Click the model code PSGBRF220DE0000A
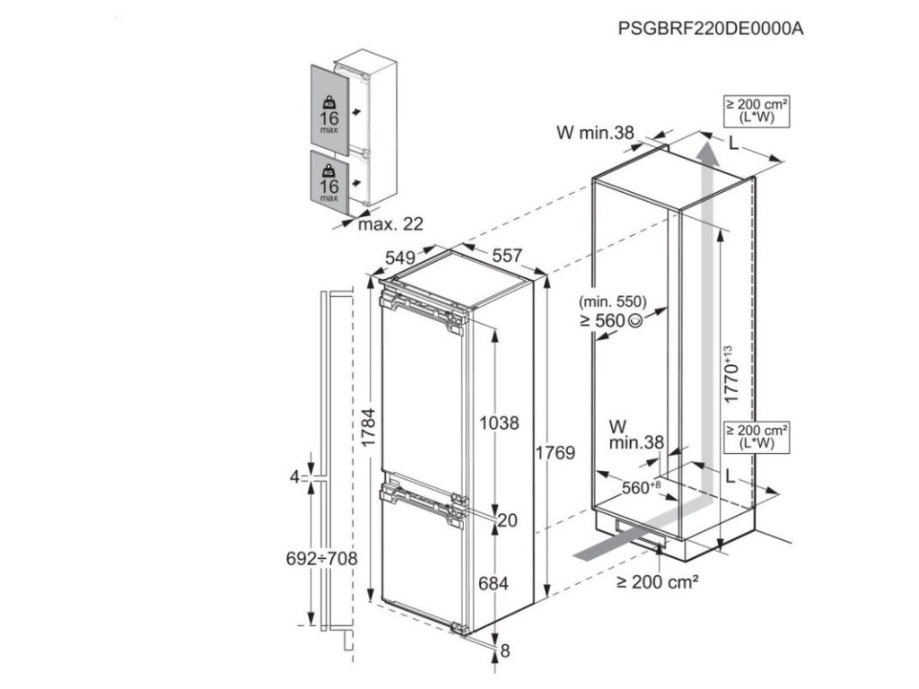(x=710, y=28)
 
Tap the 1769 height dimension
(x=556, y=453)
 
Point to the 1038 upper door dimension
(x=498, y=423)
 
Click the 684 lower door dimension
(x=493, y=584)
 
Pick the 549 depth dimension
(x=401, y=257)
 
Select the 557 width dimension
(x=505, y=256)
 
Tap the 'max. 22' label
(x=390, y=223)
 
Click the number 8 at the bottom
(x=504, y=650)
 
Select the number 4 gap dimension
(x=293, y=477)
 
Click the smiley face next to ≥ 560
(x=636, y=320)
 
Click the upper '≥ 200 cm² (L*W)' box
(x=756, y=112)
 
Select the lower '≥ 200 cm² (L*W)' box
(x=756, y=437)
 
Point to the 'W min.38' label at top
(x=595, y=134)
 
